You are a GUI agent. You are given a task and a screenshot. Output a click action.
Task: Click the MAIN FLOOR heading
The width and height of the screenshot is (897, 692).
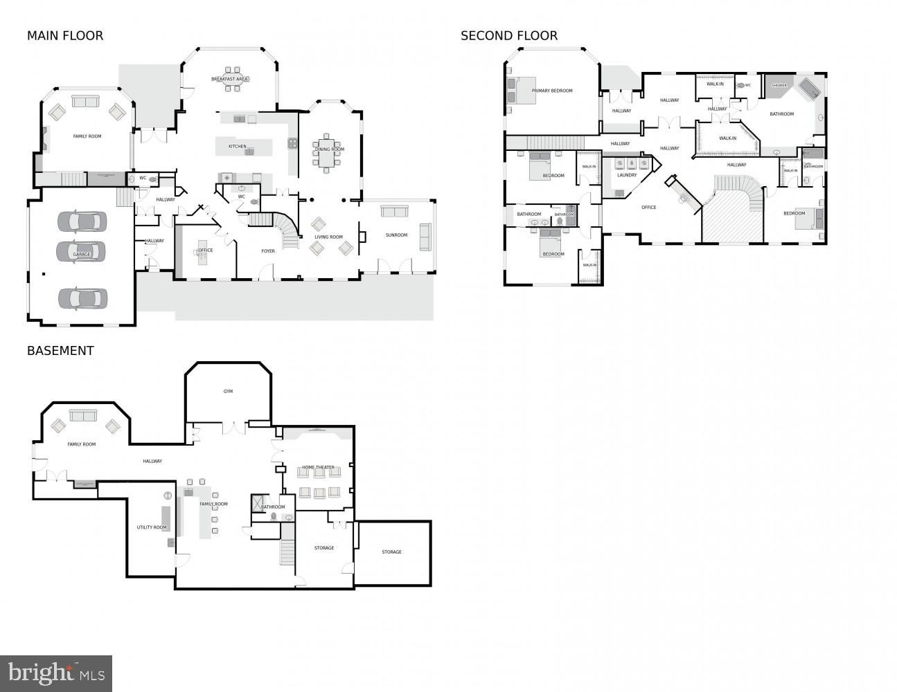65,36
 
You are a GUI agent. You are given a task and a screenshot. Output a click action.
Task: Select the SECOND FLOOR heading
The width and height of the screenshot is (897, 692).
509,36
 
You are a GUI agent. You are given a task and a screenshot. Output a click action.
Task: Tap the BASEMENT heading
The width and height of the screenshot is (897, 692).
60,351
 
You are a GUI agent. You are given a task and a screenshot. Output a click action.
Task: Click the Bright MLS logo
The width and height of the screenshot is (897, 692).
56,673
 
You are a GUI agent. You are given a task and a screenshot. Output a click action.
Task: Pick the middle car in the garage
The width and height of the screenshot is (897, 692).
82,250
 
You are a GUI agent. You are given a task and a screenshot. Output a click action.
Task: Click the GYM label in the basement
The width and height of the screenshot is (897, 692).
228,392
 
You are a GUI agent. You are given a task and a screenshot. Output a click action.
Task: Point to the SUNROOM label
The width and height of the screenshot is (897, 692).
396,235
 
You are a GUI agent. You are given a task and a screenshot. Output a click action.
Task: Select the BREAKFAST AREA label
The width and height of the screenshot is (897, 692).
230,80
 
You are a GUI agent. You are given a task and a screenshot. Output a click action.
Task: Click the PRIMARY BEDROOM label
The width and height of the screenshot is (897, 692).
552,91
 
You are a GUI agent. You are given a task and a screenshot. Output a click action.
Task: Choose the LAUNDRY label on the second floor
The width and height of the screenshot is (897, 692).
627,175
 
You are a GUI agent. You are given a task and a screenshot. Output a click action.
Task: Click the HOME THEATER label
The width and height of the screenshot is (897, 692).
318,468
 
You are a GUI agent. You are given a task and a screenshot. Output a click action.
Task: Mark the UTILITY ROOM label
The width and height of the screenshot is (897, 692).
152,527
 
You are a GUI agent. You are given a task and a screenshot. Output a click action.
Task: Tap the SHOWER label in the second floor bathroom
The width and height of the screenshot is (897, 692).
779,86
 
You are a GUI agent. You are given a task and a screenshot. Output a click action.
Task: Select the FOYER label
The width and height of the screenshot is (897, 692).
268,251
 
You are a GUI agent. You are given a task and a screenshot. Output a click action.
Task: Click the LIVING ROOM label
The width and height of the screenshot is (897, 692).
329,237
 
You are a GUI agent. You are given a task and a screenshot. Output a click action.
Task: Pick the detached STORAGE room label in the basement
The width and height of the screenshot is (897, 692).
391,552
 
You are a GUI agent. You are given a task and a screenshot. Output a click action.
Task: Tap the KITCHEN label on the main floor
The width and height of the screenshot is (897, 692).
238,147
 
